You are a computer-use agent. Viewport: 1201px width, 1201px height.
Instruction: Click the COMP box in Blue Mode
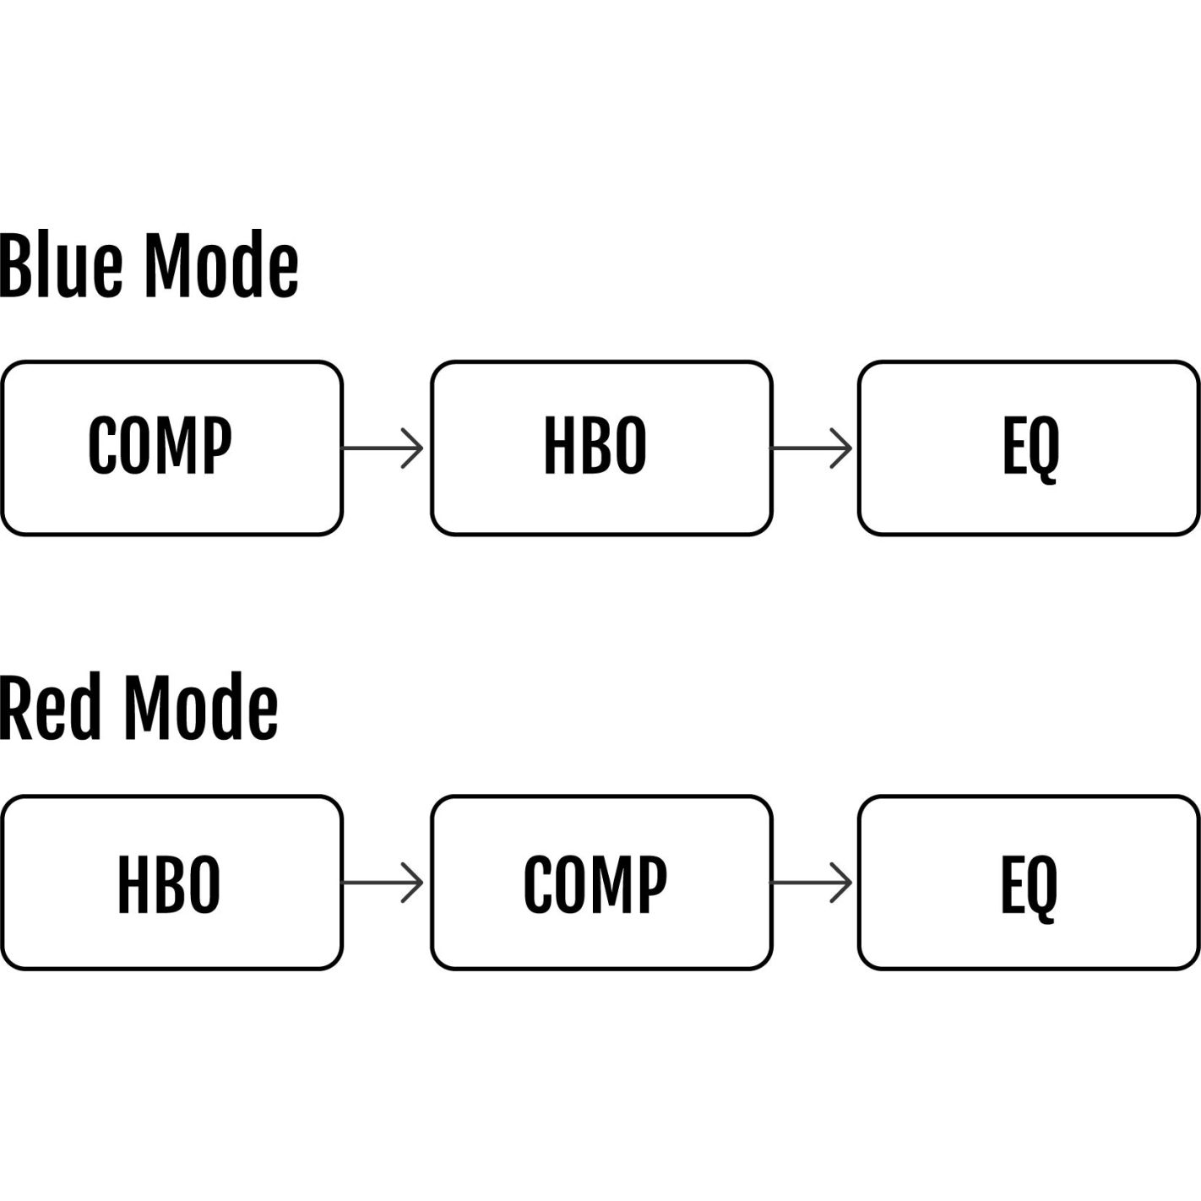click(172, 448)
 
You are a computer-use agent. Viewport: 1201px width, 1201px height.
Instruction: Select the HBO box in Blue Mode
click(601, 448)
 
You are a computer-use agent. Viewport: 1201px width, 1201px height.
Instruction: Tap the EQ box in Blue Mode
click(1029, 448)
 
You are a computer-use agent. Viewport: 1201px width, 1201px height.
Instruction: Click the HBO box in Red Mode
click(172, 883)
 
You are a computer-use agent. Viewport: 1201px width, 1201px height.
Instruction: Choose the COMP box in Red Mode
click(601, 883)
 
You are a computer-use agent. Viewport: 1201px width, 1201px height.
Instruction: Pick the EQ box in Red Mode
click(1029, 883)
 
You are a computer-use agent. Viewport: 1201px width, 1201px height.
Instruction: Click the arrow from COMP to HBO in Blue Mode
click(383, 448)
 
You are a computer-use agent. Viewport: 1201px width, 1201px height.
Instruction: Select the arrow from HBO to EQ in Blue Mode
click(812, 448)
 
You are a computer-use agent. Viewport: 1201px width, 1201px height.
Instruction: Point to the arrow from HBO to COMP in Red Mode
click(383, 883)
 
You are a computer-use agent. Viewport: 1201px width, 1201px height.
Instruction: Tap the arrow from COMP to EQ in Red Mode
click(812, 883)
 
